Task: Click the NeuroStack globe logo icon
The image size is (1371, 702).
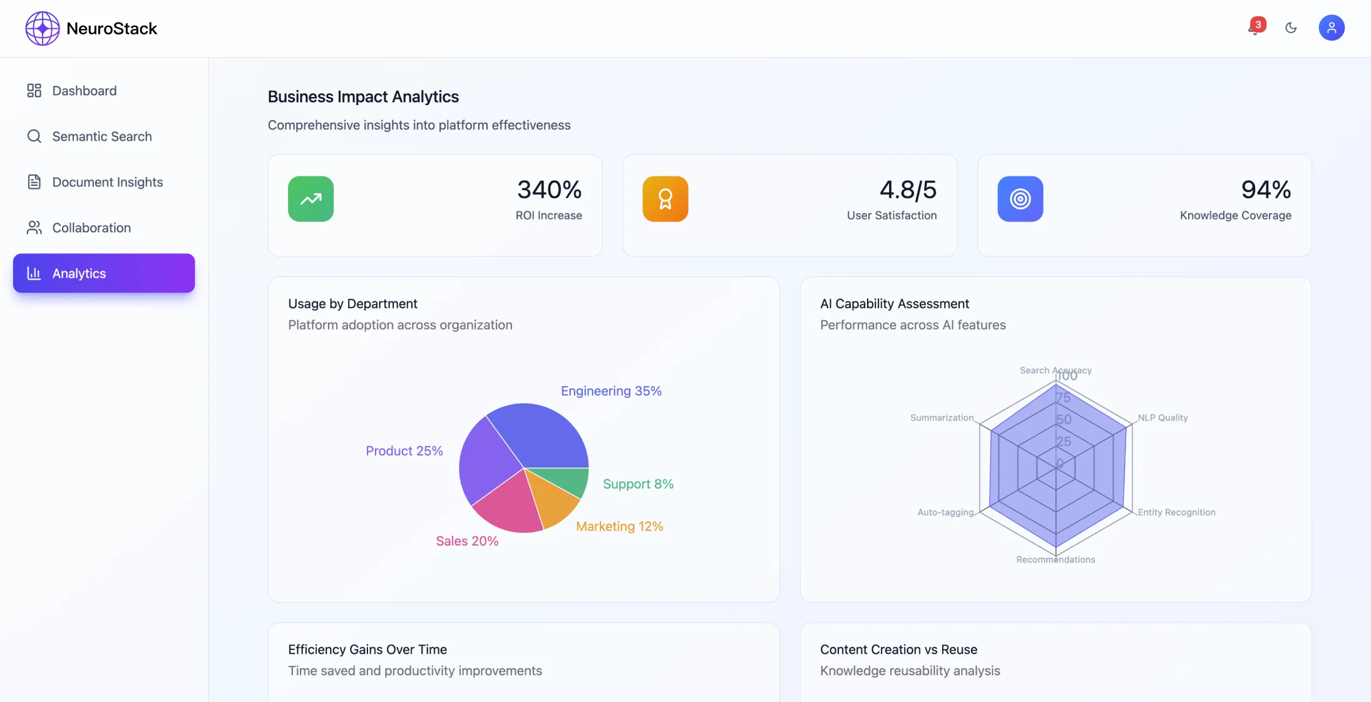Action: (x=42, y=28)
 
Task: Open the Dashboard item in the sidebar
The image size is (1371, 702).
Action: (x=84, y=91)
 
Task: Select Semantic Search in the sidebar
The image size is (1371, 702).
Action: (x=101, y=136)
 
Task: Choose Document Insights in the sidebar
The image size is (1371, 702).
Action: (x=107, y=182)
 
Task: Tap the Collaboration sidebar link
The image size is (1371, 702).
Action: (x=91, y=228)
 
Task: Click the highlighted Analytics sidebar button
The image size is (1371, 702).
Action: (x=104, y=273)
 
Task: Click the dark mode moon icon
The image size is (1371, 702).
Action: (x=1291, y=28)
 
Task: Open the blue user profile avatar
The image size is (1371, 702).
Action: (x=1331, y=28)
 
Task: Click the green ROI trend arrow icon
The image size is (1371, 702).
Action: (x=311, y=199)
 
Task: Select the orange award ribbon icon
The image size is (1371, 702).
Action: (x=665, y=199)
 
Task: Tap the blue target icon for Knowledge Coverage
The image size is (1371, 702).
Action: (x=1020, y=199)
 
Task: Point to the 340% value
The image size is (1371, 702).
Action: (x=549, y=190)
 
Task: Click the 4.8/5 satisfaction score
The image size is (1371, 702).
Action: (x=908, y=190)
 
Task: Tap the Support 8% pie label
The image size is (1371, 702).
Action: (x=638, y=484)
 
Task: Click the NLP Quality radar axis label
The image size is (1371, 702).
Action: (x=1163, y=418)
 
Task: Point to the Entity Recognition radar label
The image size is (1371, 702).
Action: (x=1176, y=512)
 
